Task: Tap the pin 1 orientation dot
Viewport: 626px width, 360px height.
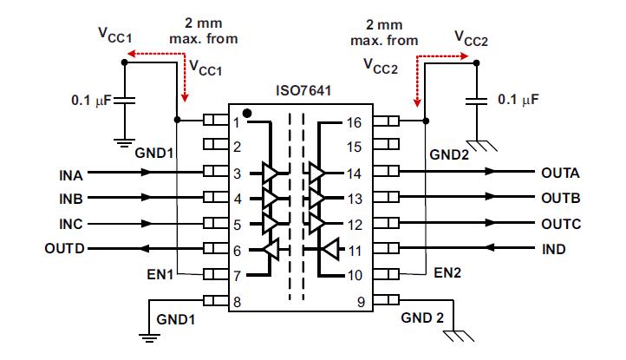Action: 248,114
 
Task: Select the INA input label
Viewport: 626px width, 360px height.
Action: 72,173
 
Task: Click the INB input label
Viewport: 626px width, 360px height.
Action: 72,198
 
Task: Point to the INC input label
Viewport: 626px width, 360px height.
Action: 72,224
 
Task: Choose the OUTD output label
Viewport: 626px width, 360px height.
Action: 66,249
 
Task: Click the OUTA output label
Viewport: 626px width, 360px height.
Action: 560,173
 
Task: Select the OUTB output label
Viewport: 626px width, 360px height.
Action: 560,198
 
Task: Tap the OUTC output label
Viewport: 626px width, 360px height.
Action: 560,224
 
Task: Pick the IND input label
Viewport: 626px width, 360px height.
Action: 554,249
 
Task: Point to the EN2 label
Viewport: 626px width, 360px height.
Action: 447,274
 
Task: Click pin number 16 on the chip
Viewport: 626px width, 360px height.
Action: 354,122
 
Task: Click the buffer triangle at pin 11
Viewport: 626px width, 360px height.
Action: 329,250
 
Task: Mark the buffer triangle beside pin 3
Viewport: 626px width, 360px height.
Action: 271,173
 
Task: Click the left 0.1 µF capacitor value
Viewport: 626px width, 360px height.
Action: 91,101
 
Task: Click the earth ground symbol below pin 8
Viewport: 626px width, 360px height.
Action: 149,334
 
